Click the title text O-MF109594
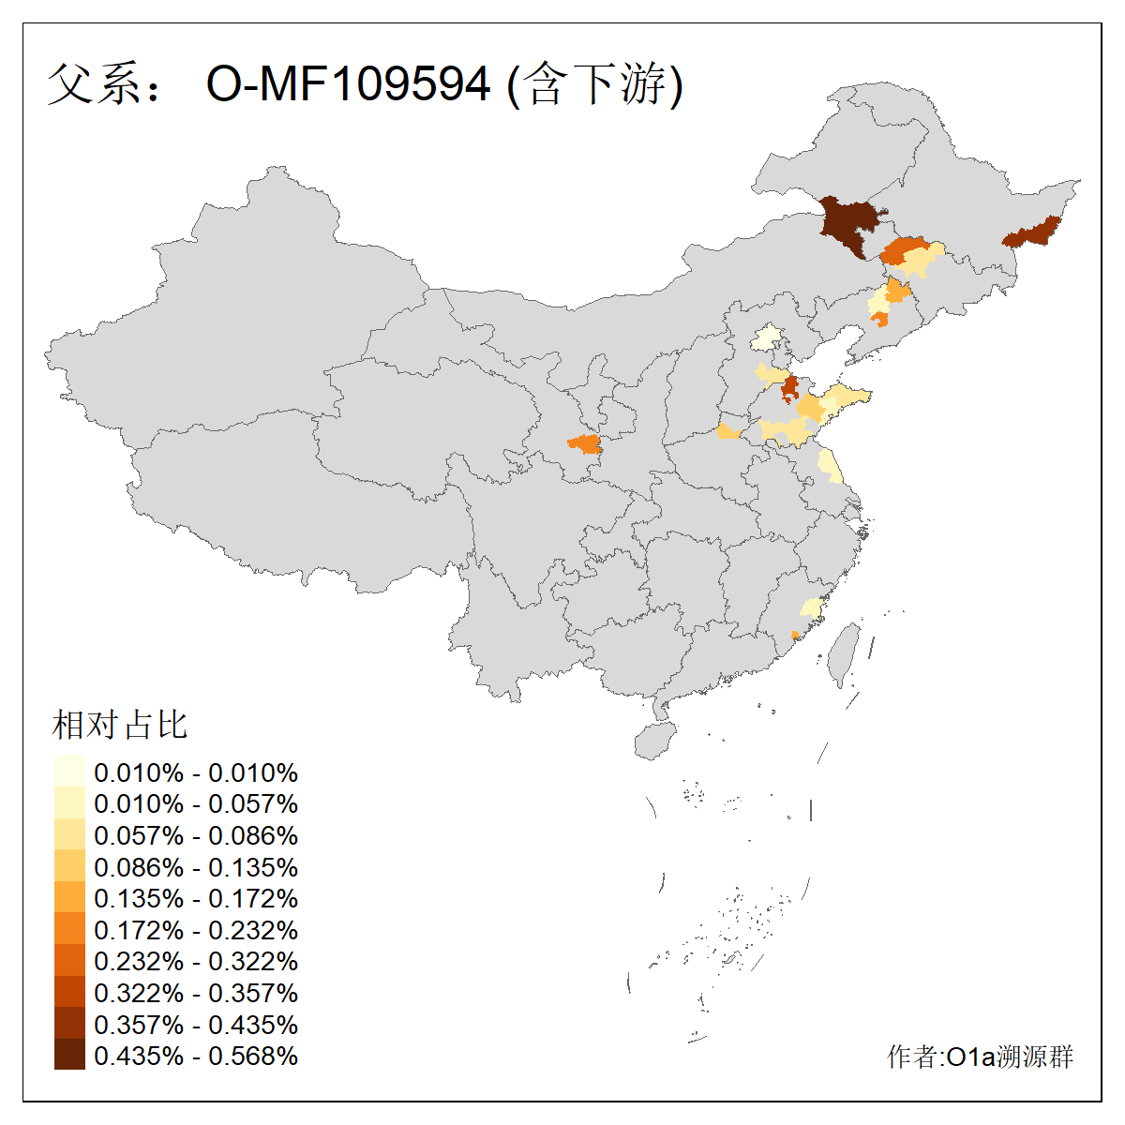tap(348, 84)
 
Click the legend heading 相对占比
tap(120, 725)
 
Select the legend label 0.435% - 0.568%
tap(196, 1057)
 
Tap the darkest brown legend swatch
tap(69, 1056)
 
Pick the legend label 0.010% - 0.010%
tap(196, 773)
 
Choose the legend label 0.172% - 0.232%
tap(196, 931)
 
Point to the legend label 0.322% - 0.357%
tap(196, 994)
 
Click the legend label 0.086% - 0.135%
tap(196, 868)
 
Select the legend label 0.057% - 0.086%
tap(196, 836)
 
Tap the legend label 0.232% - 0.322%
tap(196, 962)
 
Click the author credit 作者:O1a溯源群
tap(980, 1057)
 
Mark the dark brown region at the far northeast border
tap(1032, 232)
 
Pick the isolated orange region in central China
tap(585, 443)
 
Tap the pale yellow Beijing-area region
tap(768, 337)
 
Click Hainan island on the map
tap(655, 741)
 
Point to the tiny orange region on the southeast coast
tap(795, 636)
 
